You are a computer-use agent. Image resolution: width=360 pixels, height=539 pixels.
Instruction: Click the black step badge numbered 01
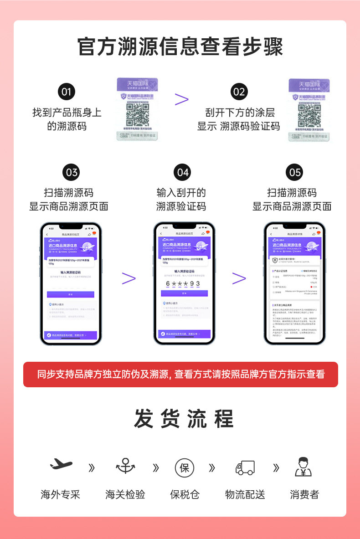tap(67, 92)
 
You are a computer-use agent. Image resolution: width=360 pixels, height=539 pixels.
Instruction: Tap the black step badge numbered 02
tap(238, 92)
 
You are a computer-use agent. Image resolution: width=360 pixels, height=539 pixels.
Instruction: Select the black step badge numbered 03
tap(72, 172)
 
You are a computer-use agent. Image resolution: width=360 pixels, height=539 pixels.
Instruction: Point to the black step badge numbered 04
tap(182, 172)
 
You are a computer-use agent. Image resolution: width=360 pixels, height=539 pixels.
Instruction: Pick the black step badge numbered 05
tap(295, 172)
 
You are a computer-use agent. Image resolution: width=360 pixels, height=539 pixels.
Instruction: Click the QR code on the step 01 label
tap(137, 115)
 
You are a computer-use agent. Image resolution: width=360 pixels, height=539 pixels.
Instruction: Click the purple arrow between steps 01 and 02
tap(181, 99)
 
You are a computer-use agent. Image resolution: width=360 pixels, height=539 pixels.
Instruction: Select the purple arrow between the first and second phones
tap(129, 278)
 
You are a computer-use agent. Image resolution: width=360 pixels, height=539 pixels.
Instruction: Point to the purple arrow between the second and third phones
tap(239, 278)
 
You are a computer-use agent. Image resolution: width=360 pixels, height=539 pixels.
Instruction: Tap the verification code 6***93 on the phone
tap(183, 283)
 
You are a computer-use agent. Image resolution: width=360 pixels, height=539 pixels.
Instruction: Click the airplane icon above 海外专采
tap(61, 465)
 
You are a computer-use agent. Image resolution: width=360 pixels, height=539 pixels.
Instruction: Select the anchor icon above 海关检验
tap(125, 466)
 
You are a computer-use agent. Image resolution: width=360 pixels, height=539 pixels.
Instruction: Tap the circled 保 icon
tap(184, 467)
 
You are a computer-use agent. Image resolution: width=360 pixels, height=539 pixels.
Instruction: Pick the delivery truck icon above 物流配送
tap(245, 467)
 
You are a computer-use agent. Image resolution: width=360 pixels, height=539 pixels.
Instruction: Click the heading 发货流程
tap(184, 419)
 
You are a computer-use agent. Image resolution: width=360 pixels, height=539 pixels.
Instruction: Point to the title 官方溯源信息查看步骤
tap(180, 47)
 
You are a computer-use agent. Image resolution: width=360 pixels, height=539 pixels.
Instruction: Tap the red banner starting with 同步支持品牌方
tap(180, 375)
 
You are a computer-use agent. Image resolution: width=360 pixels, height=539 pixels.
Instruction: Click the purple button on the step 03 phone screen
tap(70, 294)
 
